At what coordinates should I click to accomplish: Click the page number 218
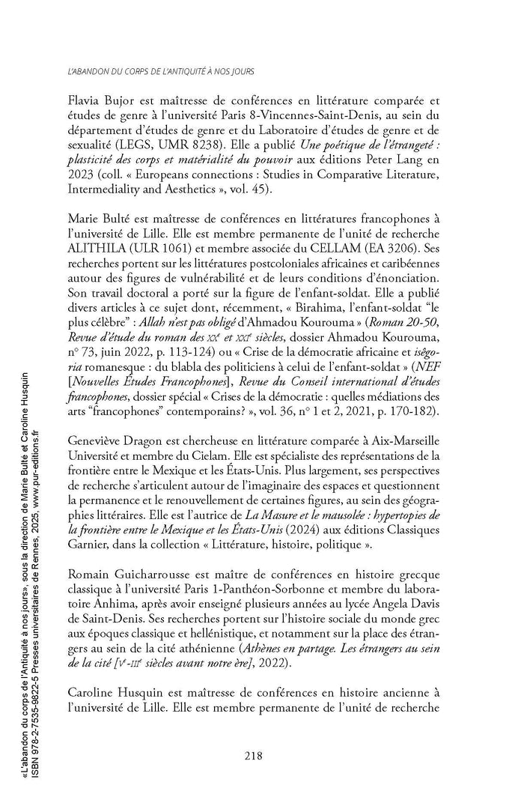pos(253,756)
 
